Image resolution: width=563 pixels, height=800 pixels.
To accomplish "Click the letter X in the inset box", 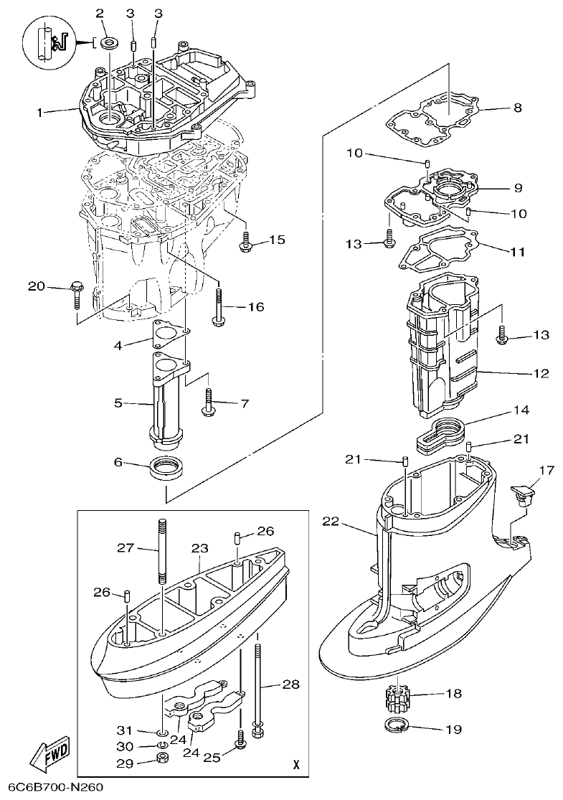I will (295, 765).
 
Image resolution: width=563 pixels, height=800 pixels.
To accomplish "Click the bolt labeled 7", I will (209, 402).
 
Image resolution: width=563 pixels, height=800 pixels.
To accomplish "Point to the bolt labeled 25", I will (241, 740).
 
